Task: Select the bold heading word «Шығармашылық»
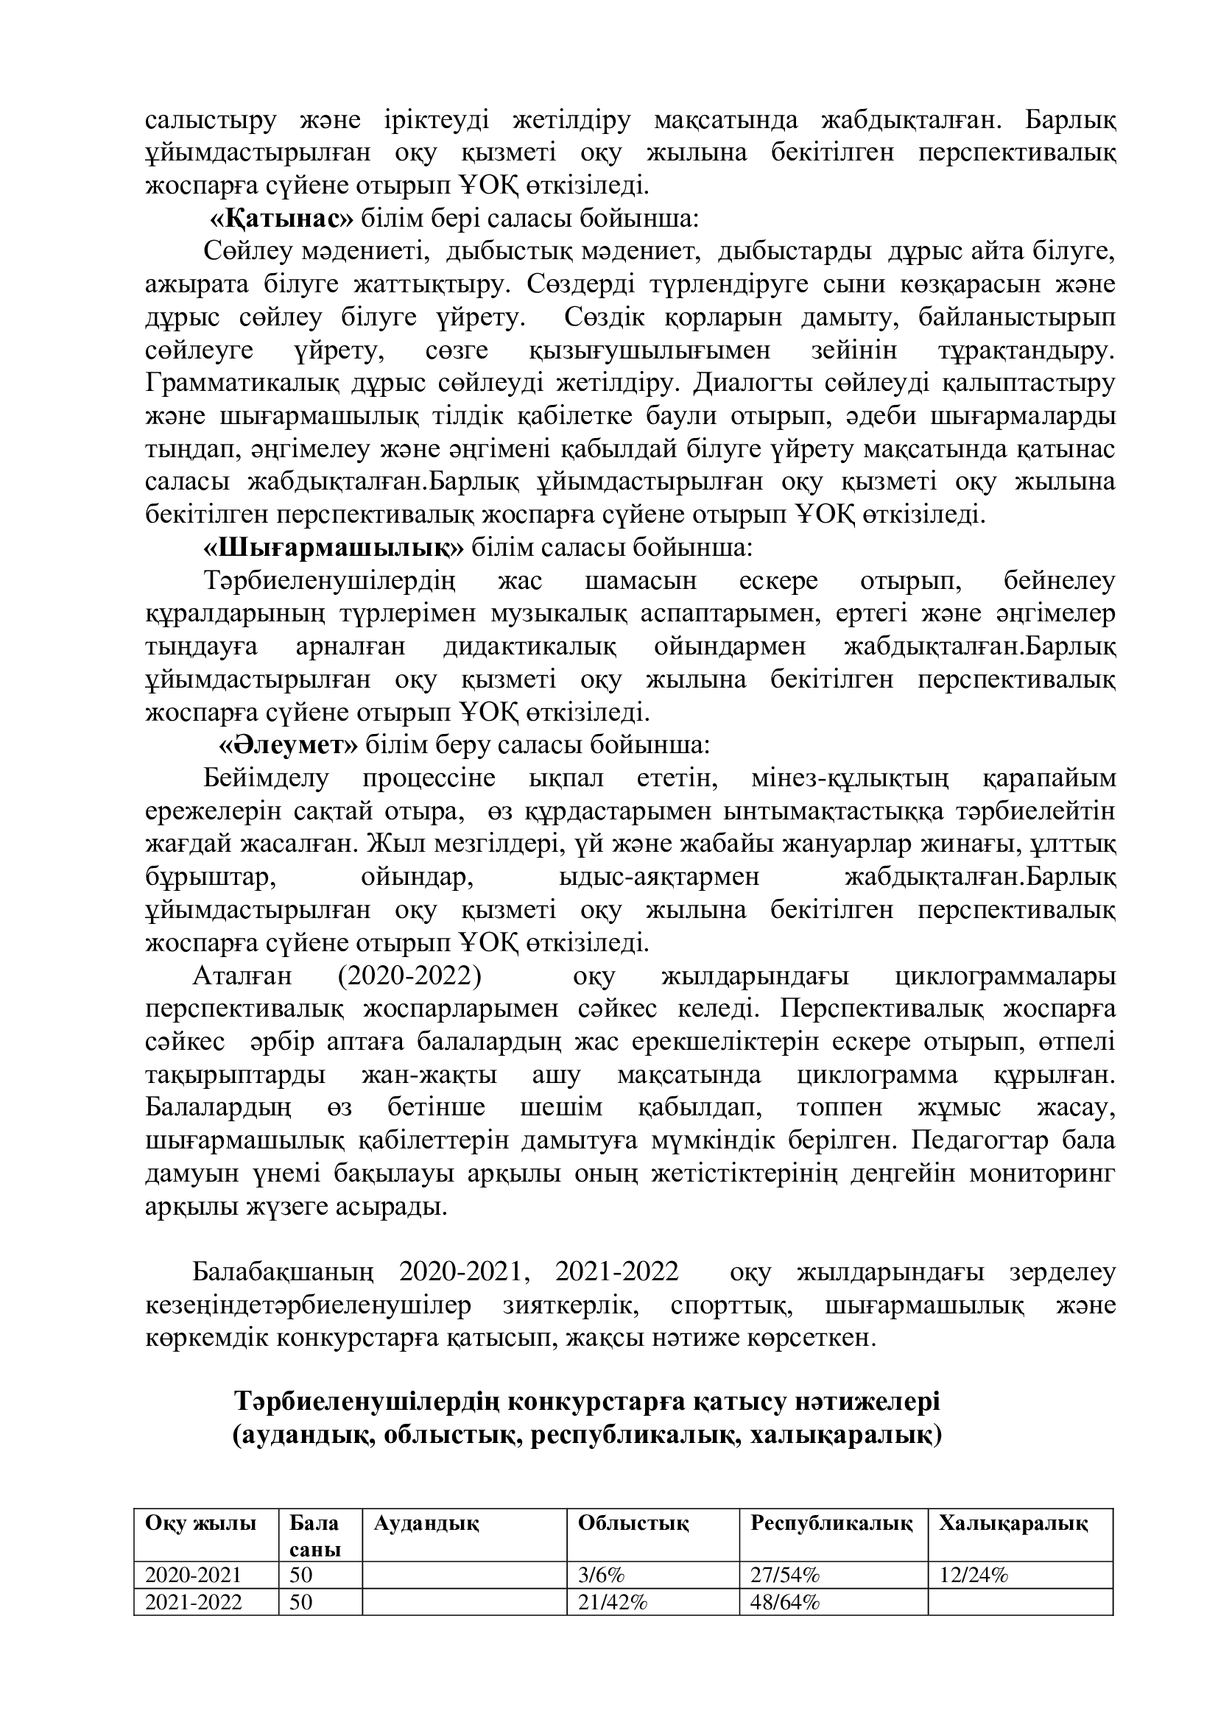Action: (334, 548)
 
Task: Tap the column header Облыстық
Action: (634, 1523)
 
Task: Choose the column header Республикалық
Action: (831, 1523)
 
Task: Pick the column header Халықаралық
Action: (1013, 1523)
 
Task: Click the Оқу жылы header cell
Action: (201, 1523)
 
